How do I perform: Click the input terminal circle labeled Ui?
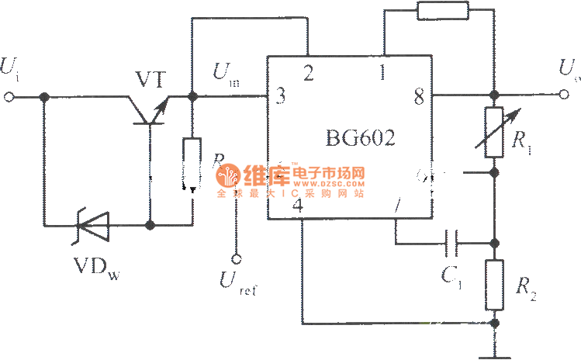tap(10, 97)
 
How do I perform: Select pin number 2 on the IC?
tap(309, 74)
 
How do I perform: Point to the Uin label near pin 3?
tap(226, 75)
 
